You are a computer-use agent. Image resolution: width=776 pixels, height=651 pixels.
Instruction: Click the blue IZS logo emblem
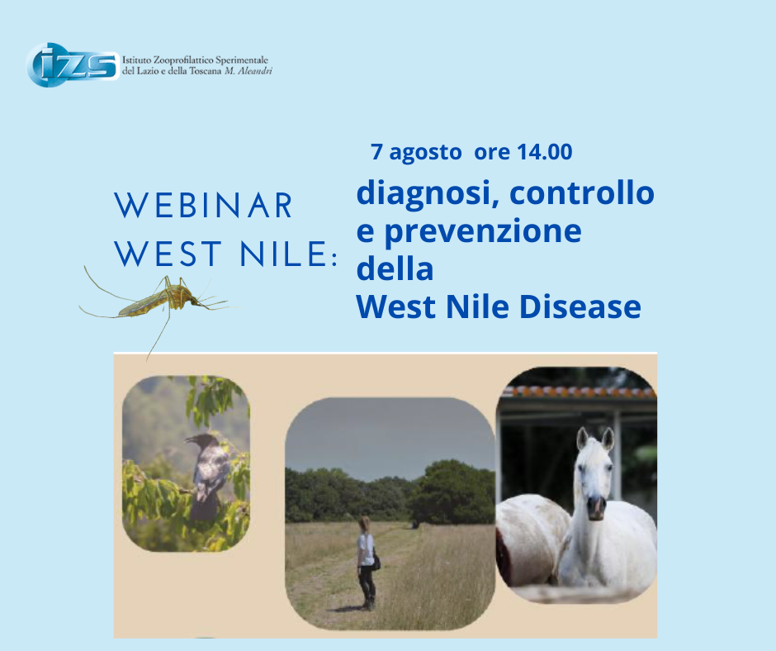[73, 65]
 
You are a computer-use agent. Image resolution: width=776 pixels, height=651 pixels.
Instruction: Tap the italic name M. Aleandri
[248, 71]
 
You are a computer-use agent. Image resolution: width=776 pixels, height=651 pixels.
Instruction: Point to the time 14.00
[544, 152]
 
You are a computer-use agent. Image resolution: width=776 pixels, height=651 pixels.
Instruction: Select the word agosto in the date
[425, 153]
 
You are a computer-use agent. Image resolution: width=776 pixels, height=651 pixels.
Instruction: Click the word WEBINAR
[204, 206]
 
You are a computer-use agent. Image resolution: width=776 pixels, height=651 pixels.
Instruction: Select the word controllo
[582, 192]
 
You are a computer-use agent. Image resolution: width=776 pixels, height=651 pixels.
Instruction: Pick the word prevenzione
[483, 231]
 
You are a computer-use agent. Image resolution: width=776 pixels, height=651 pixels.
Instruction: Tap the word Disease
[580, 306]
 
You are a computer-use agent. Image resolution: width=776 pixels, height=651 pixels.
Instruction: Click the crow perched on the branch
[208, 476]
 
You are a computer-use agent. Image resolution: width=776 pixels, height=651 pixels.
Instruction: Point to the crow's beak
[190, 439]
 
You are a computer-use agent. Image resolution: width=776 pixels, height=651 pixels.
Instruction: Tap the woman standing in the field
[367, 563]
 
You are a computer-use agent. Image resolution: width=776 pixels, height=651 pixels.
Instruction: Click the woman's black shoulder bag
[376, 563]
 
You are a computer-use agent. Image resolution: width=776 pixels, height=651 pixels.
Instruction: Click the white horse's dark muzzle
[597, 508]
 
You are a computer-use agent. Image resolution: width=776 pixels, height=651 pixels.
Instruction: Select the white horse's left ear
[583, 438]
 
